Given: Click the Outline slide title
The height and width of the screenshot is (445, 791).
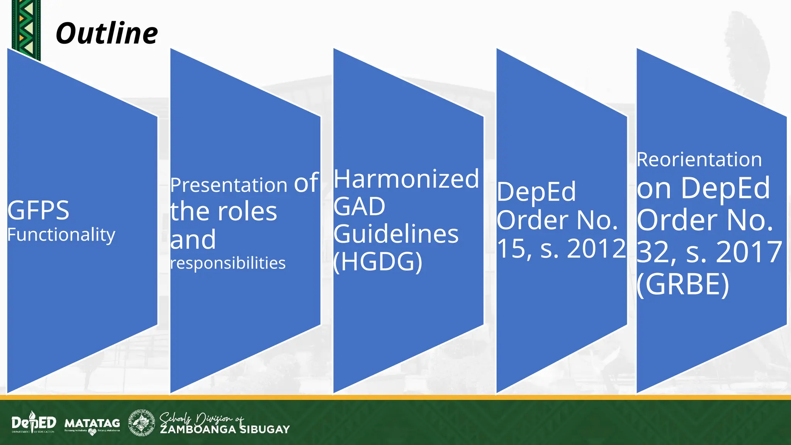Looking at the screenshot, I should (x=107, y=34).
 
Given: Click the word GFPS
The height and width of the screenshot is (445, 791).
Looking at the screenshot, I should (x=38, y=211).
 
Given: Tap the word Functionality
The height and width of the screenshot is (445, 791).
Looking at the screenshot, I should (x=61, y=234).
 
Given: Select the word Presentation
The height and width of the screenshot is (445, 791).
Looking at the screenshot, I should (x=229, y=185).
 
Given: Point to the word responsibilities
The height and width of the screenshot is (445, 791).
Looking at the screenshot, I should (x=228, y=263).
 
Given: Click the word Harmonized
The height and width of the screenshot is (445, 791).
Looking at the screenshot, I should (x=406, y=179).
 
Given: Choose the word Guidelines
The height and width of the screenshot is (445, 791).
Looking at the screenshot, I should (x=396, y=234).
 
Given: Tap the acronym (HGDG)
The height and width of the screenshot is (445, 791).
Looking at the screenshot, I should (x=378, y=262).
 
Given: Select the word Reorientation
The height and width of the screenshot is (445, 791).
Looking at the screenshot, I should (x=699, y=160).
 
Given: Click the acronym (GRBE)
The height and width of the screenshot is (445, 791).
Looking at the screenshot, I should (x=683, y=284).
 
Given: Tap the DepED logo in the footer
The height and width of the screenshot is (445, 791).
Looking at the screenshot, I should (x=34, y=422).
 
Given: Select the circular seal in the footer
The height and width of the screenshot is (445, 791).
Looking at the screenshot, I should (x=141, y=423).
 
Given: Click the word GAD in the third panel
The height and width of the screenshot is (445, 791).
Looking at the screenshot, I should (x=359, y=207).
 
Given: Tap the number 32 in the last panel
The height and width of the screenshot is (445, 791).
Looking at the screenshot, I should (x=653, y=252).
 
